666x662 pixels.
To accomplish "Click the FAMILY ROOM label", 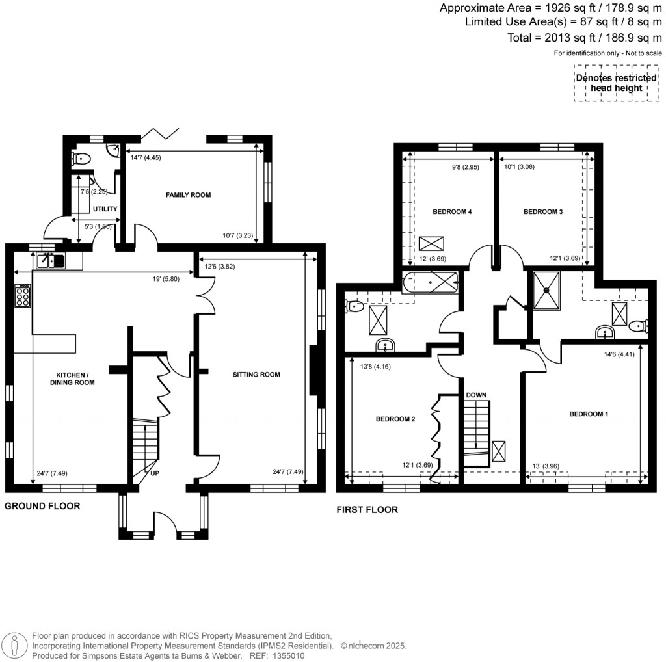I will pos(188,195).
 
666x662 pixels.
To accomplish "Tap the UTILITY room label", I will pos(105,209).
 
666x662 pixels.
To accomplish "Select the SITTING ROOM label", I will pos(257,375).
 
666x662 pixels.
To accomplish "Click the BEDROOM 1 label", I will pos(589,414).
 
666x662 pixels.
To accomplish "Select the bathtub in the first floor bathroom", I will pos(431,284).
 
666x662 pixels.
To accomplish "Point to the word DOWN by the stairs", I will pos(476,395).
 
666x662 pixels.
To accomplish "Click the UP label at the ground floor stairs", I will pos(155,473).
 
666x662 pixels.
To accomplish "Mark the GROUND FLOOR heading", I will pos(42,506).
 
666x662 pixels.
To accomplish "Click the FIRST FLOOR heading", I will pos(367,510).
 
